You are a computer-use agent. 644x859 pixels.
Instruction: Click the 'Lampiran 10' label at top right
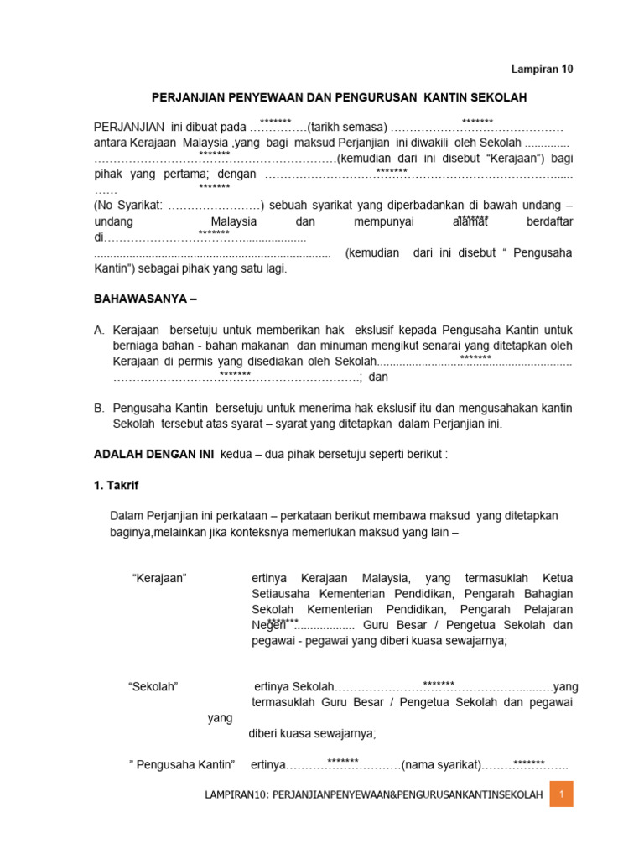tap(543, 70)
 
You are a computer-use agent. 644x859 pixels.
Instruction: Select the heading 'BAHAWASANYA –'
tap(145, 298)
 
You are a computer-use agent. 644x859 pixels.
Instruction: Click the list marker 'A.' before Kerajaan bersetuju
tap(100, 331)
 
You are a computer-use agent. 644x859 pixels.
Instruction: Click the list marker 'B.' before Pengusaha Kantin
tap(100, 408)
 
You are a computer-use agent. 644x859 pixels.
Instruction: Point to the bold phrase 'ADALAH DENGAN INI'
tap(153, 454)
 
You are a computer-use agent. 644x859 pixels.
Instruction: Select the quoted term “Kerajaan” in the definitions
tap(159, 579)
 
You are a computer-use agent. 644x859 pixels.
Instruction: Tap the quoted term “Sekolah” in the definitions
tap(153, 686)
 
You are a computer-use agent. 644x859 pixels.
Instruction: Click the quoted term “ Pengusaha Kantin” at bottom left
tap(182, 764)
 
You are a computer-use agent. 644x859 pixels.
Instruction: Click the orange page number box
tap(561, 794)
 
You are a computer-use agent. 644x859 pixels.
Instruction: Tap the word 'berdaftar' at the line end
tap(549, 221)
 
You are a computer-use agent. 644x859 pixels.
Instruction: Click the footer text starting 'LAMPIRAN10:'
tap(374, 794)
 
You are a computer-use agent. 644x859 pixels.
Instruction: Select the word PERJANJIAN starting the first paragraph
tap(129, 128)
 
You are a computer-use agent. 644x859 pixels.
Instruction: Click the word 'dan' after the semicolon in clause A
tap(379, 377)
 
